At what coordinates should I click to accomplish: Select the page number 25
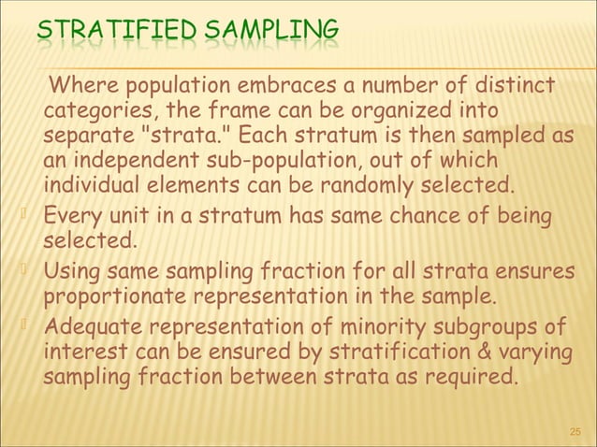click(x=575, y=432)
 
